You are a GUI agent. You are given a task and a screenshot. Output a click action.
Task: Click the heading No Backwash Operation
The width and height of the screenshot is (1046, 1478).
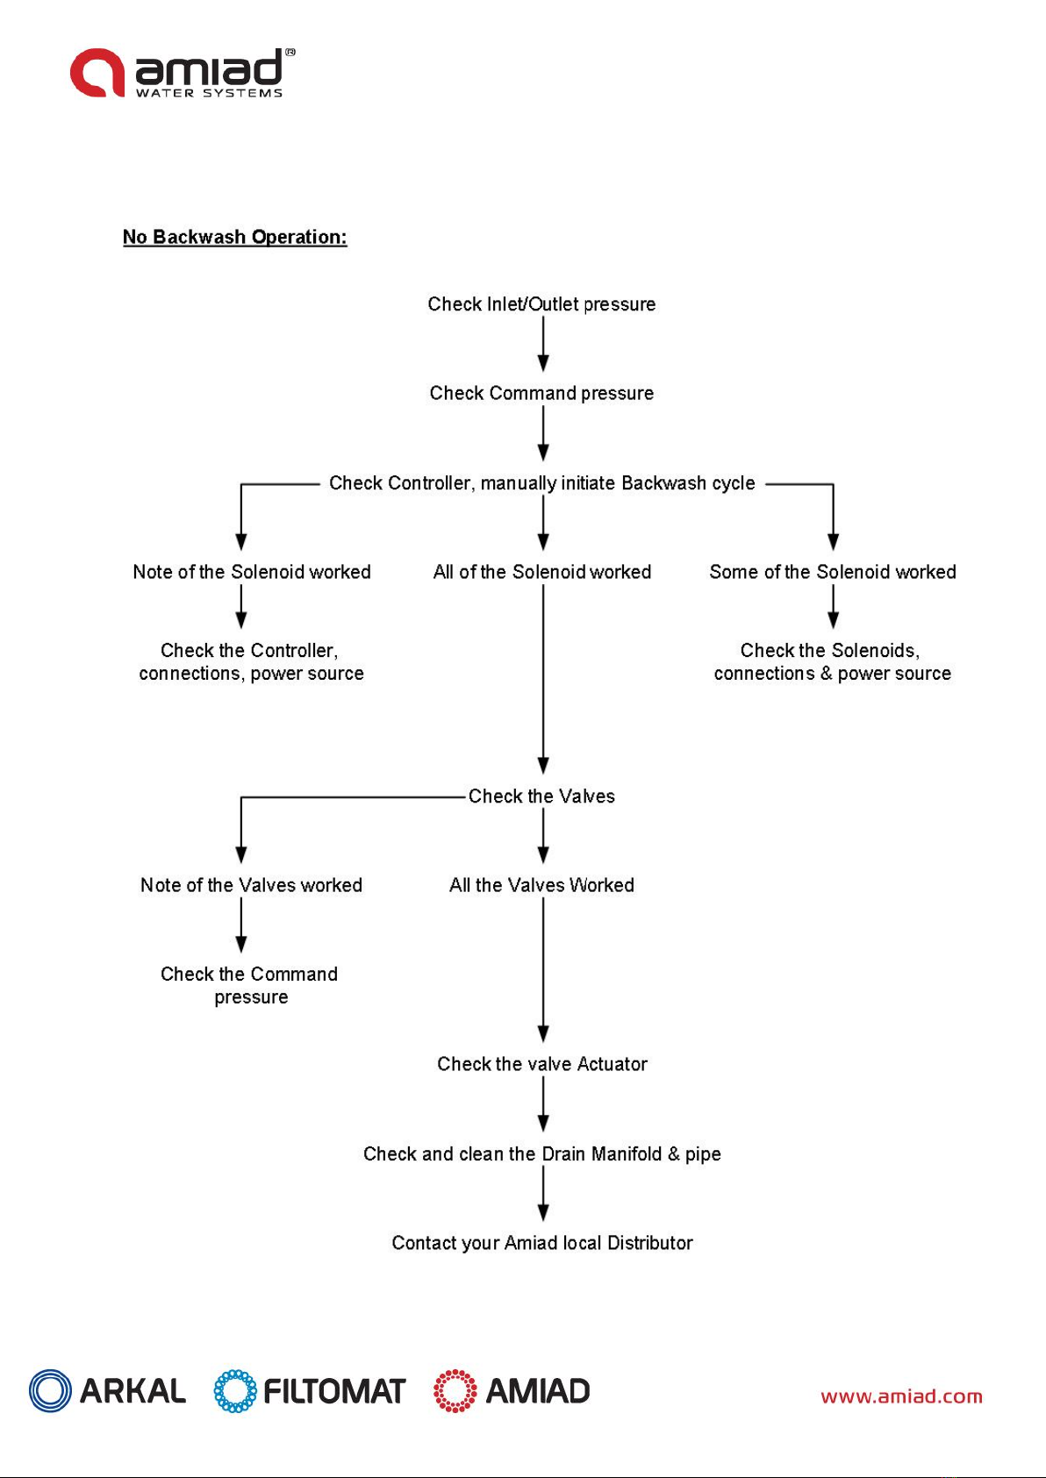coord(235,237)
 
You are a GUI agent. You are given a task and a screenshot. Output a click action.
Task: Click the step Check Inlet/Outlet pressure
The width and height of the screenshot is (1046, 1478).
coord(541,304)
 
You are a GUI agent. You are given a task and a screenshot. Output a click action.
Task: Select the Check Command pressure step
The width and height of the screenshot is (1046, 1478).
coord(541,393)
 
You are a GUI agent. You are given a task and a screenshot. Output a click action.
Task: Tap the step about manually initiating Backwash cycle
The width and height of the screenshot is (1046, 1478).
coord(541,483)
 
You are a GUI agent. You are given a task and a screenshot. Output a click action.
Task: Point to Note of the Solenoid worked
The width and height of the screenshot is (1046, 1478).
coord(252,571)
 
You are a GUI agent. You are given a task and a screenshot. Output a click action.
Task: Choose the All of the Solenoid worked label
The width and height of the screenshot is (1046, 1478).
coord(541,571)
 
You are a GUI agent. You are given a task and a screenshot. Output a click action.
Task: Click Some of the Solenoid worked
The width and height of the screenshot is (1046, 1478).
coord(833,571)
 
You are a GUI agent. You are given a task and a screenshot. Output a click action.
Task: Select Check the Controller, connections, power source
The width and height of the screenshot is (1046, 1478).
coord(252,661)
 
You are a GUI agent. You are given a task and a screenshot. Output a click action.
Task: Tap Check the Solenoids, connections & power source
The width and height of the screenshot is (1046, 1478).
coord(833,661)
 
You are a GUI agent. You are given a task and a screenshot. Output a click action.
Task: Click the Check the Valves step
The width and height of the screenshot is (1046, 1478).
coord(541,796)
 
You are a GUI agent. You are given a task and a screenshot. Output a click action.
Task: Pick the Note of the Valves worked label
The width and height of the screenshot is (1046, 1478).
coord(252,885)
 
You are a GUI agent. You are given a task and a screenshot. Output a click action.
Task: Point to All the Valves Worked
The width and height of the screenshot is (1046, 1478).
coord(541,885)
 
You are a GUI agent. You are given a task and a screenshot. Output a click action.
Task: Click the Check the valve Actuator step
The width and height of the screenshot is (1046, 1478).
coord(541,1064)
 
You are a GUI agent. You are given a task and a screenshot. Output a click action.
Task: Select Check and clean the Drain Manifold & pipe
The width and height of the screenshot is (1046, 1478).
coord(541,1153)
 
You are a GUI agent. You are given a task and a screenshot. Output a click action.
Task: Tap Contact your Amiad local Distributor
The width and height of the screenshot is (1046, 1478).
coord(541,1242)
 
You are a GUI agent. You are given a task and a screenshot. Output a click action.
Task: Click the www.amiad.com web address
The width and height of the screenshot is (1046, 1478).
coord(901,1396)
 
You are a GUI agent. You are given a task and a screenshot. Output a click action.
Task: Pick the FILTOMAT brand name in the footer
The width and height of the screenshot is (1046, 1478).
coord(334,1391)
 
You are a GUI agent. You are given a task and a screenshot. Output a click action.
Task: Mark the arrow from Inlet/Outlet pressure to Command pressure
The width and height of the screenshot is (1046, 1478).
coord(543,343)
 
